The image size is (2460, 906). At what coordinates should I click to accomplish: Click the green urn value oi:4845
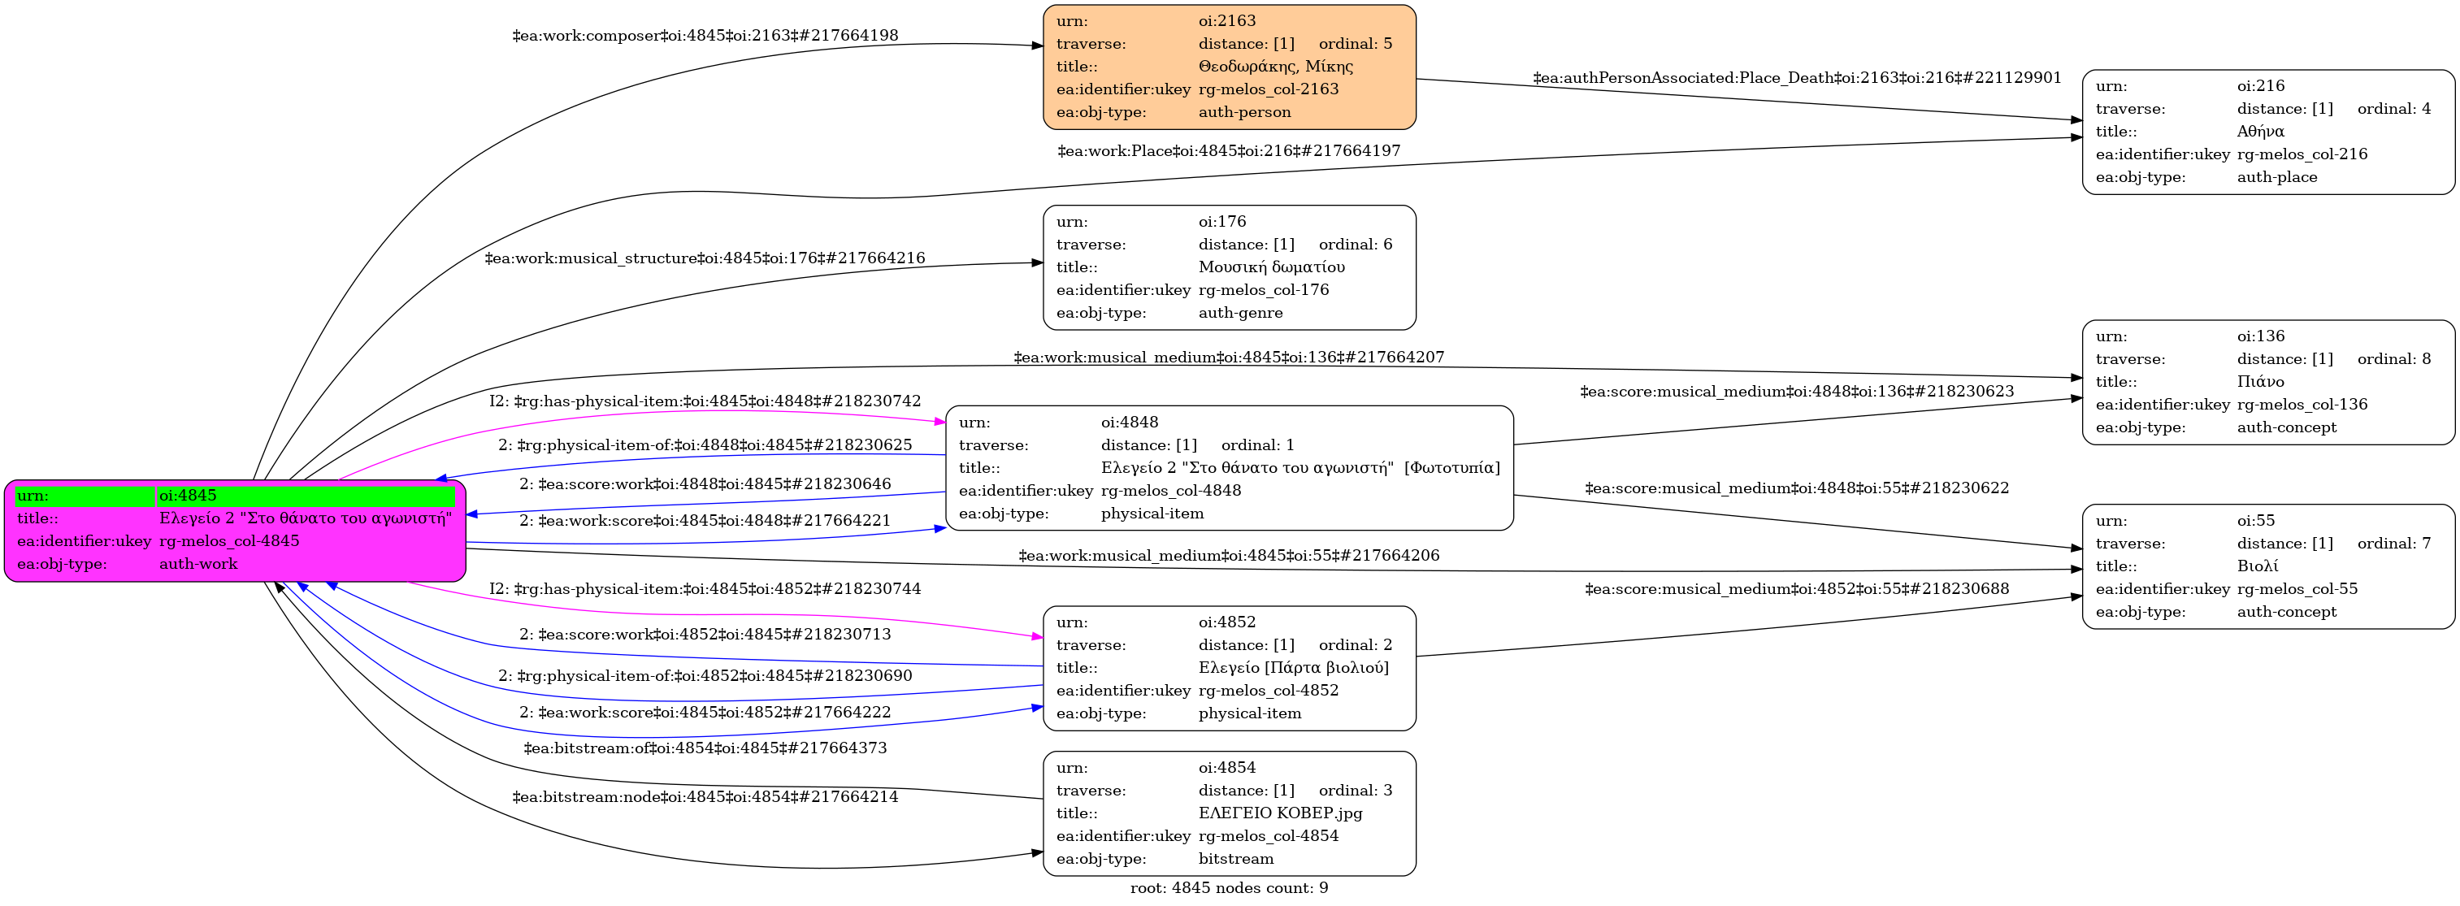click(188, 496)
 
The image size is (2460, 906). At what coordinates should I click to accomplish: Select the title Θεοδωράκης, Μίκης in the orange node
click(1275, 67)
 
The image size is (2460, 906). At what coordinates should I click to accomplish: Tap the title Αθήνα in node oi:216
click(2260, 132)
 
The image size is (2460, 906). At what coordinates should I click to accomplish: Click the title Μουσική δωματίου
click(1271, 267)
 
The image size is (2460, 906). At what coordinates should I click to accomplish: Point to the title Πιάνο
click(2260, 382)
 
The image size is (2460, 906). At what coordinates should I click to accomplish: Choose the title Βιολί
click(2257, 566)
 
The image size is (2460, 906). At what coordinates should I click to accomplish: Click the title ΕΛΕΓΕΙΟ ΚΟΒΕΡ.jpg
click(1280, 813)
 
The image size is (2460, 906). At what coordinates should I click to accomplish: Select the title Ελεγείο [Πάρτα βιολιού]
click(1293, 667)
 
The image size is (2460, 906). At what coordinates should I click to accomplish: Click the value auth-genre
click(1240, 313)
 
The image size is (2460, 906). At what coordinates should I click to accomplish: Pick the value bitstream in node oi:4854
click(1236, 859)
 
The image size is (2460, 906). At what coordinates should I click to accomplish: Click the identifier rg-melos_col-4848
click(1171, 491)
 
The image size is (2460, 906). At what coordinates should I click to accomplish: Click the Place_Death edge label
click(1796, 78)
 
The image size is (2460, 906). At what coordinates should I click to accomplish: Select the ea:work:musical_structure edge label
click(705, 258)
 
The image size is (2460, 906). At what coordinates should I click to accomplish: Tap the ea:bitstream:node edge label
click(705, 797)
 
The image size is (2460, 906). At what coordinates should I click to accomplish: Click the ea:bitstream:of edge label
click(705, 748)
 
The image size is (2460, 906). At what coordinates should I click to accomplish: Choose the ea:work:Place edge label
click(1228, 151)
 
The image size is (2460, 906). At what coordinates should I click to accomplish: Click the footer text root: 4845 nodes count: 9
click(1229, 889)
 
